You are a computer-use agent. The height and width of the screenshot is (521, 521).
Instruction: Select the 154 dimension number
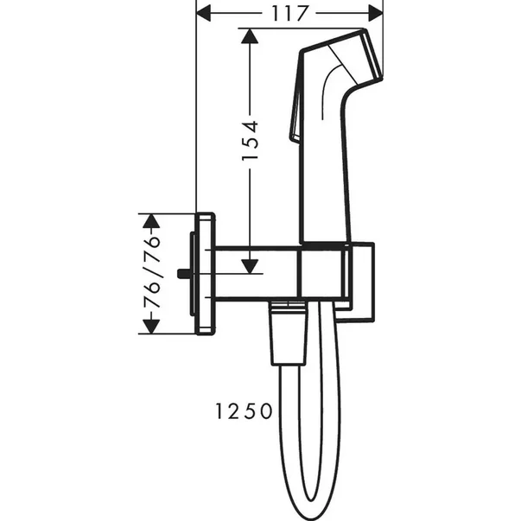coord(251,138)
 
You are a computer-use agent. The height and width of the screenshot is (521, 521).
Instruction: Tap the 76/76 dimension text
coord(151,275)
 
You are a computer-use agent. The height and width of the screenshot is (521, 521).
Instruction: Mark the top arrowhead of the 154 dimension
coord(250,36)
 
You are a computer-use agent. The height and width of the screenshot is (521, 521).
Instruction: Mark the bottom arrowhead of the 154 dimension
coord(250,266)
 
